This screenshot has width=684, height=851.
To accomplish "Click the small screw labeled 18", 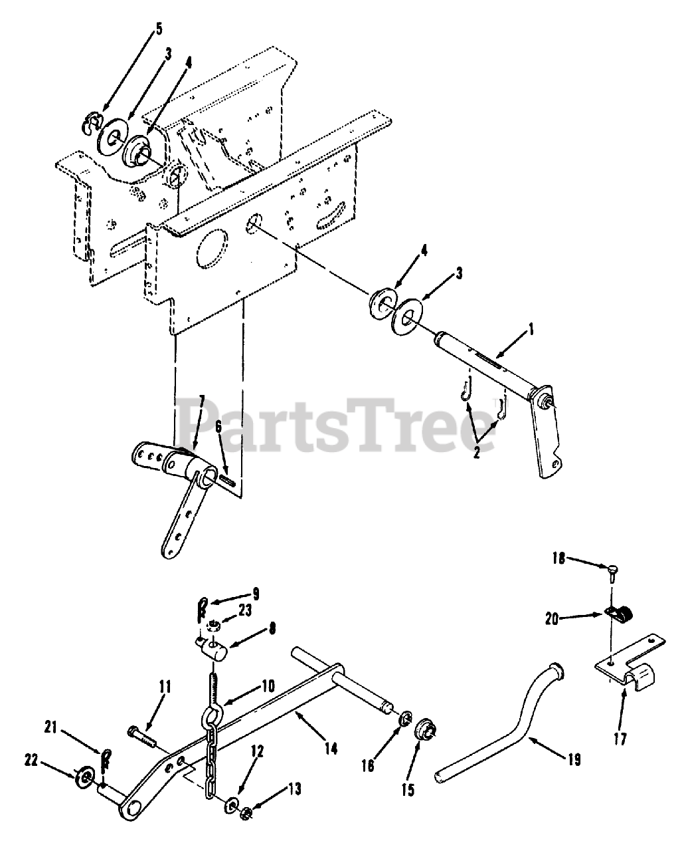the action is click(x=610, y=568).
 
